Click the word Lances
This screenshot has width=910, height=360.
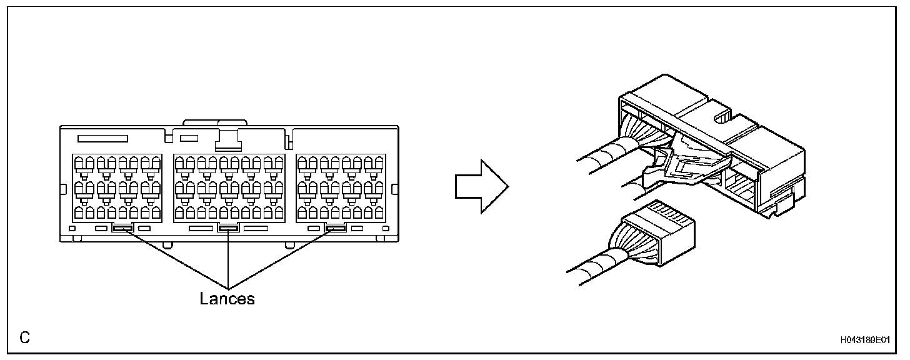pyautogui.click(x=227, y=299)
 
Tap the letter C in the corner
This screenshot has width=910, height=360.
pyautogui.click(x=24, y=338)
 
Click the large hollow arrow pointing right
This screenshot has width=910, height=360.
pyautogui.click(x=480, y=185)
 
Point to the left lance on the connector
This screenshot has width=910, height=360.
pyautogui.click(x=122, y=229)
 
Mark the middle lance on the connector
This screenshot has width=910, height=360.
pyautogui.click(x=229, y=229)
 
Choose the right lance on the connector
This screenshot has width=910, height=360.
pyautogui.click(x=336, y=229)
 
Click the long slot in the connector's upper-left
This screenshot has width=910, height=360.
pyautogui.click(x=102, y=138)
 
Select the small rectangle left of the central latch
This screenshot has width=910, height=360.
pyautogui.click(x=189, y=137)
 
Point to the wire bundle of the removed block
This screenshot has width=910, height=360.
pyautogui.click(x=594, y=262)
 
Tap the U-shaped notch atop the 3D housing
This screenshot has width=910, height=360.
pyautogui.click(x=721, y=116)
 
